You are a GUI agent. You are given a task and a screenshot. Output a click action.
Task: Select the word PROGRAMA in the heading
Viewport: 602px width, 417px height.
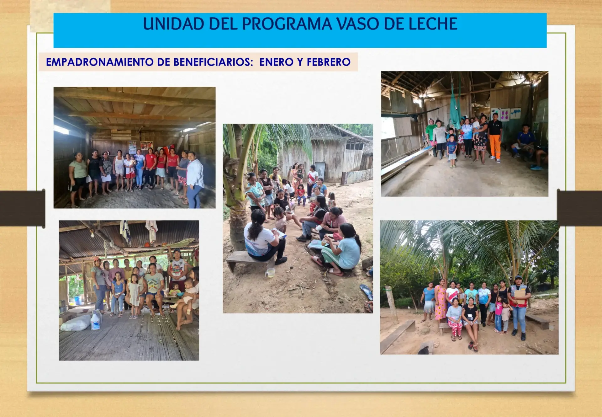[287, 24]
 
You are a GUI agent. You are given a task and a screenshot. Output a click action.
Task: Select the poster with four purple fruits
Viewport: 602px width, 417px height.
[505, 115]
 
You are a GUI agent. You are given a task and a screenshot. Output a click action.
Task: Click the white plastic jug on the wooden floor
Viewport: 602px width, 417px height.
[95, 321]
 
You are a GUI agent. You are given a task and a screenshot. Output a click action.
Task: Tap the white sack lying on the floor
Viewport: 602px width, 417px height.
[76, 323]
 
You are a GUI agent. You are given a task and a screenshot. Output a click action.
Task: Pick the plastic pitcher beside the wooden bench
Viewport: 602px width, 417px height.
[271, 273]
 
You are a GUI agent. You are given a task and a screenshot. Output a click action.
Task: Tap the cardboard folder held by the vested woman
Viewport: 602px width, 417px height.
[520, 296]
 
